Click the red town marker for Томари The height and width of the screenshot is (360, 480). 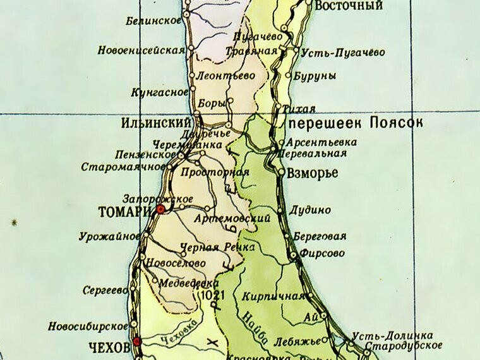point(160,208)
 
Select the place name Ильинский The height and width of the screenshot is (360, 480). point(155,122)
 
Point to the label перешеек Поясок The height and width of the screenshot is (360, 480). point(356,122)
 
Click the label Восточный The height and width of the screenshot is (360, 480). point(349,6)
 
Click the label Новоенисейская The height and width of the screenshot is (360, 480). point(141,50)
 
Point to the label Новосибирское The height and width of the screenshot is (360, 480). point(88,327)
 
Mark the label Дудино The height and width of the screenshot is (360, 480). point(310,210)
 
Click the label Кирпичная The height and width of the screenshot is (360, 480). point(273,296)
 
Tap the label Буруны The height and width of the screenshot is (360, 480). point(315,76)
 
